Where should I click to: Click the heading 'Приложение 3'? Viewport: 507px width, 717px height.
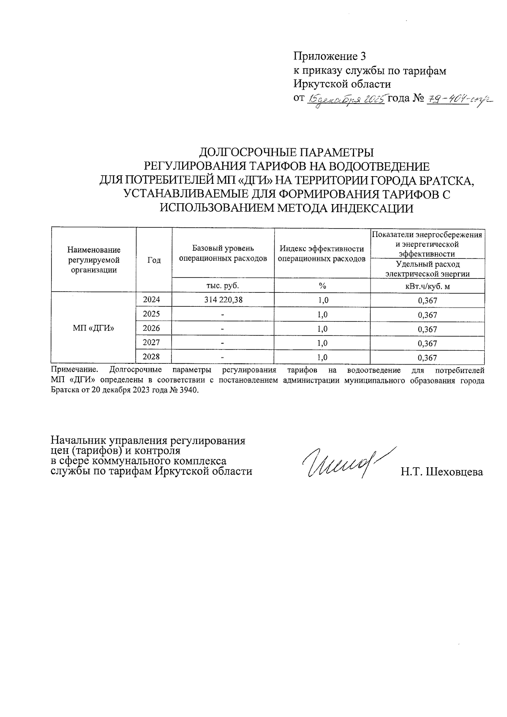[x=330, y=56]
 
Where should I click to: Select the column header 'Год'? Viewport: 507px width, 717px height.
[x=154, y=260]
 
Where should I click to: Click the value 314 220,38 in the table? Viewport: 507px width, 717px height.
[x=223, y=300]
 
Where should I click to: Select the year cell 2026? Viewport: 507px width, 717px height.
[x=151, y=328]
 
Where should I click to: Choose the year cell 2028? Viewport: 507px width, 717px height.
[x=151, y=357]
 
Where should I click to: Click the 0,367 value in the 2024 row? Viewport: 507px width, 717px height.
[x=427, y=300]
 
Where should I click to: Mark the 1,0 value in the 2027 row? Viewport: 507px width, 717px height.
[x=322, y=343]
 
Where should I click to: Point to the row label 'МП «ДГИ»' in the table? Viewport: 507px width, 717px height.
[x=93, y=328]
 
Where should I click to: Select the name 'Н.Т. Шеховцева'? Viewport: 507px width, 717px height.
[x=442, y=472]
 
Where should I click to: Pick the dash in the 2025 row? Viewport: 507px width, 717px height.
[x=223, y=315]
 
